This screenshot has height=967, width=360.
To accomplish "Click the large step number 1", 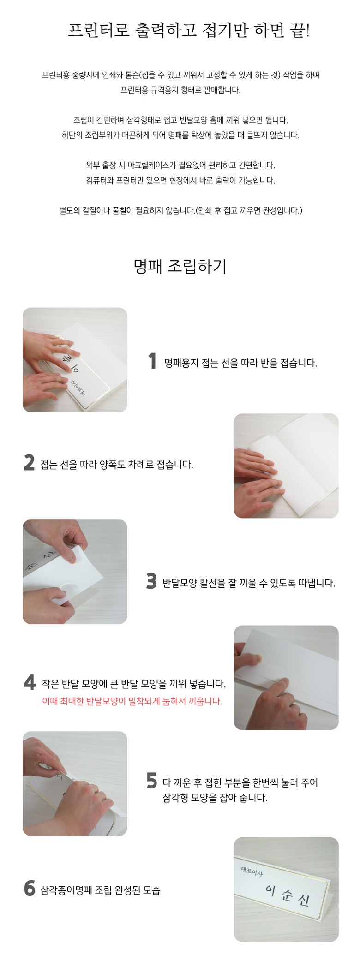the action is coord(153,361).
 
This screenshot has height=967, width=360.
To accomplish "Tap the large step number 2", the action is coord(29,463).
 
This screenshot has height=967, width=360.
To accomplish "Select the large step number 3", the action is coord(151,581).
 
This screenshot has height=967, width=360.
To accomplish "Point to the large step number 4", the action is coord(30,682).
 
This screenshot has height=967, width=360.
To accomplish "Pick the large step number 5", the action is coord(152,781).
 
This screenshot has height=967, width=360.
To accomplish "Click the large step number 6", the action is coord(30,888).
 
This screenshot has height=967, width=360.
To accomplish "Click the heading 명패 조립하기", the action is coord(180,266).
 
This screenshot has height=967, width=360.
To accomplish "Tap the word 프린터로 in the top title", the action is coord(99,30).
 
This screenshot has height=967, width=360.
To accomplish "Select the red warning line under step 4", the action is coord(132,701).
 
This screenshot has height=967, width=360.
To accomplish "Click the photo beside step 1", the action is coord(75,360).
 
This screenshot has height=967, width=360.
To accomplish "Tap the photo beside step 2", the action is coord(286,466).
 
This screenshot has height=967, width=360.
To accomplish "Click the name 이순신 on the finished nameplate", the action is coord(287,893).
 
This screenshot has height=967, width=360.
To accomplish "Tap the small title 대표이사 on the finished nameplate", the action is coord(252,872).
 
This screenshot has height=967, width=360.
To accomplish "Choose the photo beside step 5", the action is coord(75,783).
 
